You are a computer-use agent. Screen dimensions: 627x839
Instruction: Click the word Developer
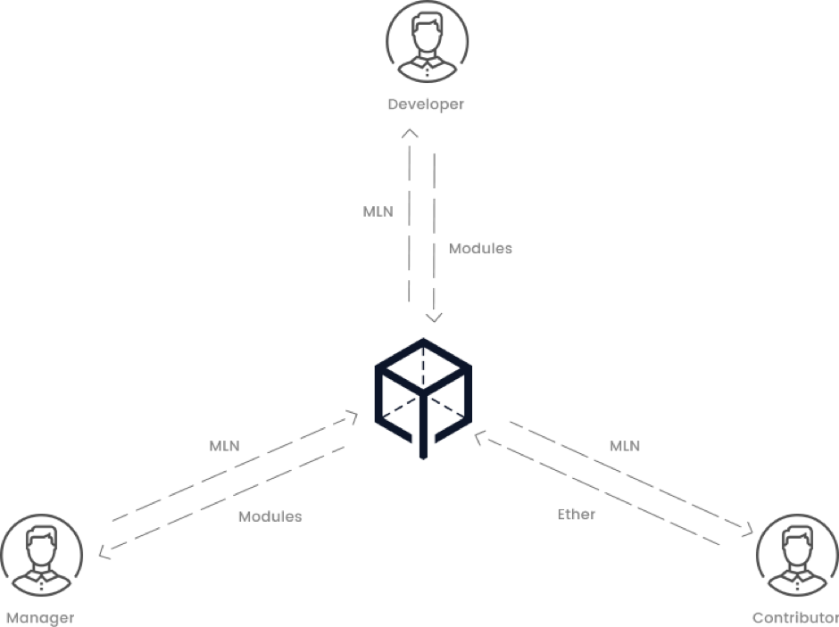click(x=426, y=105)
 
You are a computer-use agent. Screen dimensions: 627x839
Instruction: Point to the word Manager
click(x=39, y=617)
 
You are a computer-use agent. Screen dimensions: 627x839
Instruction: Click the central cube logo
click(x=424, y=397)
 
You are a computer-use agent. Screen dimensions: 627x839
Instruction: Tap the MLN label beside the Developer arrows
click(x=378, y=212)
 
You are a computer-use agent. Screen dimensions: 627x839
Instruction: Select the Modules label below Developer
click(x=480, y=249)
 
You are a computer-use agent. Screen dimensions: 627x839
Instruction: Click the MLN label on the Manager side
click(x=224, y=446)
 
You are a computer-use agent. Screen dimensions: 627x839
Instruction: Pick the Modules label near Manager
click(x=270, y=516)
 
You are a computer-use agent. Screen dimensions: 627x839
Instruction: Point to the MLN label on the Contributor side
click(x=625, y=446)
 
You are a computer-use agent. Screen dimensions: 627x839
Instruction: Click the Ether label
click(x=577, y=515)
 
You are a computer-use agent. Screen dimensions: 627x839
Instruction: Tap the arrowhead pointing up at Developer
click(x=410, y=133)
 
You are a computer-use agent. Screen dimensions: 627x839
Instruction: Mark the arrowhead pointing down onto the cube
click(x=435, y=318)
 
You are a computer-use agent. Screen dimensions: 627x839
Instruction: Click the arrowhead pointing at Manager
click(x=104, y=554)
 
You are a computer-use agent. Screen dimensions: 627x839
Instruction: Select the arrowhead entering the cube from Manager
click(x=353, y=415)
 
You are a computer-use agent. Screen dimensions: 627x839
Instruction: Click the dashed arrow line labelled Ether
click(x=598, y=491)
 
